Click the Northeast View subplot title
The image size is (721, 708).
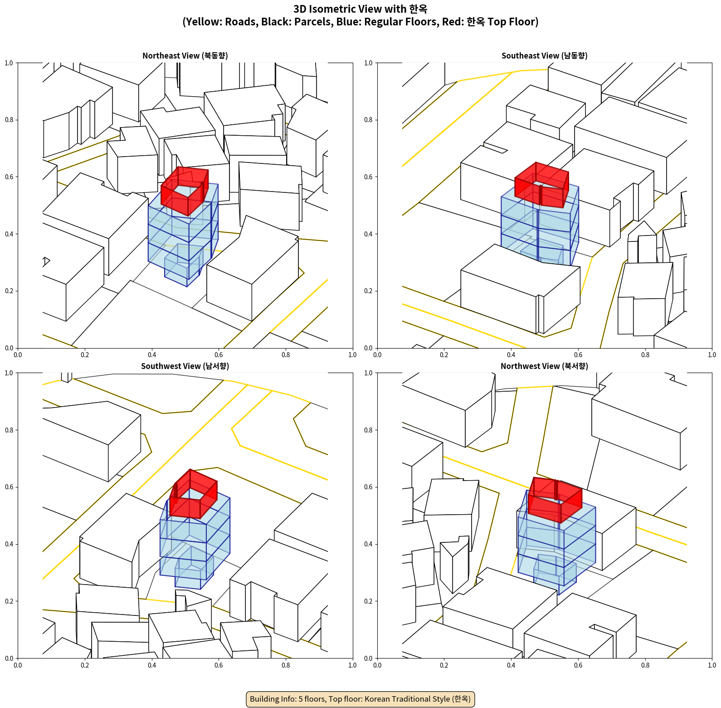coord(185,56)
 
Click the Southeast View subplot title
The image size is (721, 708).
coord(544,56)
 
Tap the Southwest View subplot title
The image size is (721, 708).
coord(185,366)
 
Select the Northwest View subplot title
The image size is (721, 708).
coord(544,366)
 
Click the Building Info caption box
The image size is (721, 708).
coord(360,699)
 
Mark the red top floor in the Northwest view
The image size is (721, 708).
coord(555,500)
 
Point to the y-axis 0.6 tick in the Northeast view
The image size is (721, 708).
coord(9,177)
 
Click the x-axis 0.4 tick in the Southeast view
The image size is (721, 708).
coord(511,354)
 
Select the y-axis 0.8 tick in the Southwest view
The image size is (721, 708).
coord(9,430)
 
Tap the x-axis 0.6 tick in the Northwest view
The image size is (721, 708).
coord(578,665)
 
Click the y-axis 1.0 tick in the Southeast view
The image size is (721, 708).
coord(368,63)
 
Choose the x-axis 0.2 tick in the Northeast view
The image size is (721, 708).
coord(85,354)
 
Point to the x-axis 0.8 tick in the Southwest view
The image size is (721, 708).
coord(286,665)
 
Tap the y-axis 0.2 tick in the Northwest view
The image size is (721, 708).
coord(368,601)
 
